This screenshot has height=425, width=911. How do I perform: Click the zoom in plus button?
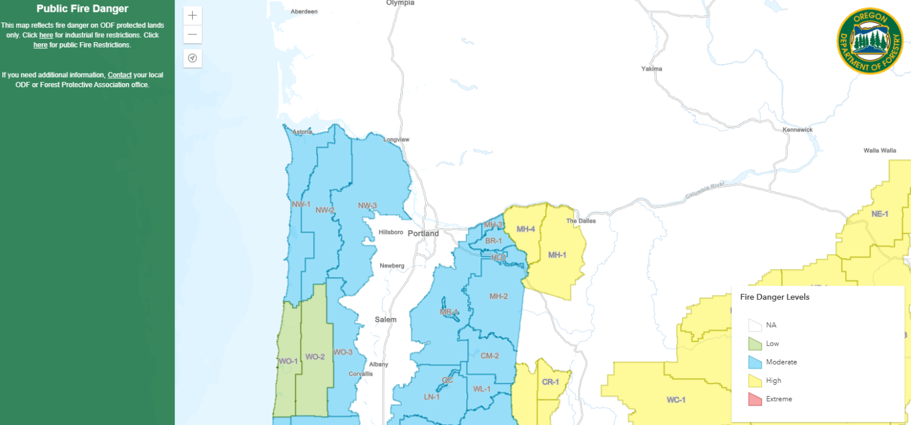[192, 16]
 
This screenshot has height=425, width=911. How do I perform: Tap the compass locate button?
[192, 58]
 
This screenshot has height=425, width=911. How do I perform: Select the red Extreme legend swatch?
[754, 399]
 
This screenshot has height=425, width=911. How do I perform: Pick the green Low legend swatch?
[754, 344]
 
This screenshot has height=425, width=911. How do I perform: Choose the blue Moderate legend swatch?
[754, 362]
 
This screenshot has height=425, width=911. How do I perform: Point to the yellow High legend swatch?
[754, 380]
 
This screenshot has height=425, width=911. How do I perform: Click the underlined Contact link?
[119, 75]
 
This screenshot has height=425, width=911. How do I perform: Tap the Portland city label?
[423, 233]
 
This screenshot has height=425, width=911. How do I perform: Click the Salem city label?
[386, 319]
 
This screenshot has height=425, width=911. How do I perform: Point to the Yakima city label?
[651, 69]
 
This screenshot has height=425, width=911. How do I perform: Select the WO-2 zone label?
[315, 357]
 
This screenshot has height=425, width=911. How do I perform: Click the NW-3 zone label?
[367, 206]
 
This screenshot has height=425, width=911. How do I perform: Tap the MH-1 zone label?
[557, 255]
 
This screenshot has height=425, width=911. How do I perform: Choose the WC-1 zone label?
[676, 400]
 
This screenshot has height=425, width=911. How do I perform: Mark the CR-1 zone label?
[550, 382]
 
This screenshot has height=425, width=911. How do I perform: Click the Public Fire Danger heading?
[82, 9]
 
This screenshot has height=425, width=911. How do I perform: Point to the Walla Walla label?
[880, 150]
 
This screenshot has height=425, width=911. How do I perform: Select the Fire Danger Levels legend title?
[775, 297]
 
